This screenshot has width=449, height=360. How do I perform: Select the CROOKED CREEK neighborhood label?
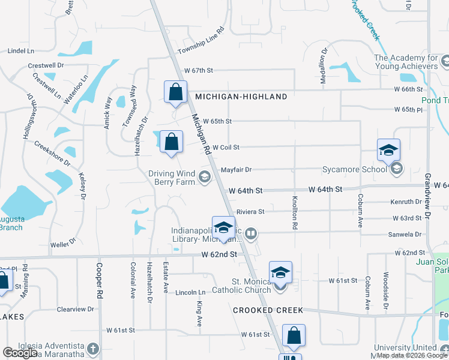(268, 310)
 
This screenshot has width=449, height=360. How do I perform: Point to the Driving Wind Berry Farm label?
(172, 178)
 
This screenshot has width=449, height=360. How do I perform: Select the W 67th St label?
(199, 70)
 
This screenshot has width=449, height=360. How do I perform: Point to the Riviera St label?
(250, 212)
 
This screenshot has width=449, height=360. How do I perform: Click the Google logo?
(20, 353)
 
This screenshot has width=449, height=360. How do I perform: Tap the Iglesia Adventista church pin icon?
(92, 349)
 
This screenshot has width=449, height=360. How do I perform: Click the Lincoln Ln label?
(190, 293)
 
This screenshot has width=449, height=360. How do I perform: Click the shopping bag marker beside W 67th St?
(175, 92)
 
